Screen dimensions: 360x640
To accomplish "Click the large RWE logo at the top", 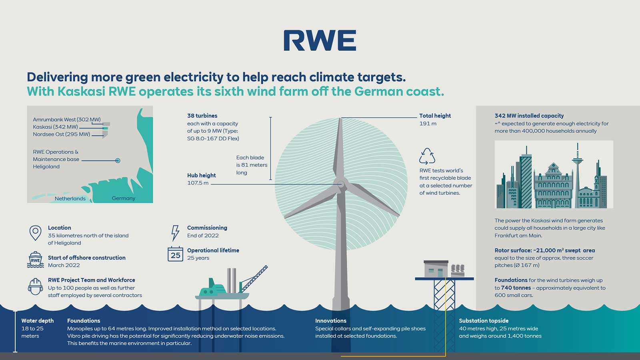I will (320, 40).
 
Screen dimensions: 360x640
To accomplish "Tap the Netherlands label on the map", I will (70, 198).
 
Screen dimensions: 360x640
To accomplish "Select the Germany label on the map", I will (123, 198).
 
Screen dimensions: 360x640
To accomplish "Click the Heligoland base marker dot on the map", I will (118, 160).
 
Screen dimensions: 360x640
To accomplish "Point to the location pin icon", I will (35, 232).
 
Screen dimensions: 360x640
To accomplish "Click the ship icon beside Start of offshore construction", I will (35, 260).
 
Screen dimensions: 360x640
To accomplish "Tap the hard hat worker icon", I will (35, 286).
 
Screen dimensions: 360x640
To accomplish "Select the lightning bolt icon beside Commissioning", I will (175, 232).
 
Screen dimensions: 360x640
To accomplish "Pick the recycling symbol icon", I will (427, 156).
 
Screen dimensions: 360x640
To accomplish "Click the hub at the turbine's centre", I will (340, 184).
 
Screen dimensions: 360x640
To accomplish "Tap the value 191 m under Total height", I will (428, 124).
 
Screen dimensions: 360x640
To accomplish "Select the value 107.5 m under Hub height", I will (198, 183).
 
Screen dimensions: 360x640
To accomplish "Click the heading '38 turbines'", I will (202, 116).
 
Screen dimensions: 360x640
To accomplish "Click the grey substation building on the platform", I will (436, 269).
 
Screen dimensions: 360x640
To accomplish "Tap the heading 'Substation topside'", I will (484, 321).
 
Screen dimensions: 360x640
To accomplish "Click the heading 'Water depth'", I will (37, 321).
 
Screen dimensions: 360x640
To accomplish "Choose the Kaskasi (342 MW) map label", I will (55, 127).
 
